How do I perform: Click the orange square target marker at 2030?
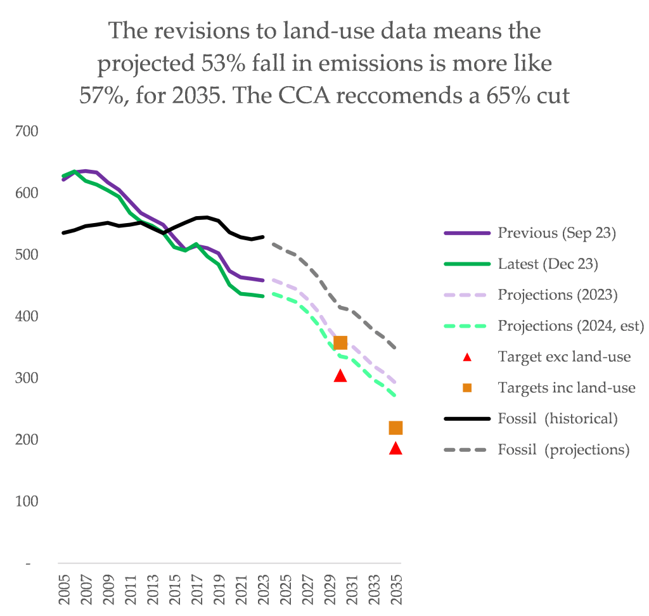(x=340, y=343)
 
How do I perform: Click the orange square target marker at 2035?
(x=395, y=428)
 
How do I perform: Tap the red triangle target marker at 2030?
(x=340, y=376)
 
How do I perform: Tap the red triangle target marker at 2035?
(x=395, y=449)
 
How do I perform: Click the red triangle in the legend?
(x=467, y=357)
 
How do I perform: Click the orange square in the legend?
(x=467, y=388)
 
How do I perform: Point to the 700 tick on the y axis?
(x=29, y=131)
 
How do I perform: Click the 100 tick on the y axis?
(x=29, y=501)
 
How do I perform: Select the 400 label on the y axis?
(x=29, y=316)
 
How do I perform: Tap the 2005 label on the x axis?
(x=64, y=591)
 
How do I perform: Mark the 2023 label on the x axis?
(x=264, y=591)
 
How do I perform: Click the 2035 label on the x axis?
(x=397, y=591)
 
